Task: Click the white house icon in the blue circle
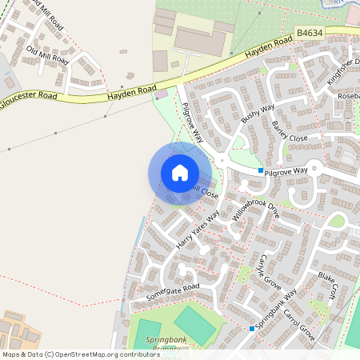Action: click(180, 173)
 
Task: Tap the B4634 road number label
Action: click(311, 33)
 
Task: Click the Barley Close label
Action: click(290, 126)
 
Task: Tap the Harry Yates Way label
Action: click(197, 229)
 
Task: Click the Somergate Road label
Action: click(172, 291)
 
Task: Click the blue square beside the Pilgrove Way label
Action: click(261, 170)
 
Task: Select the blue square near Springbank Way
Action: click(251, 328)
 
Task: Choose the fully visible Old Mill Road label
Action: click(48, 55)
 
